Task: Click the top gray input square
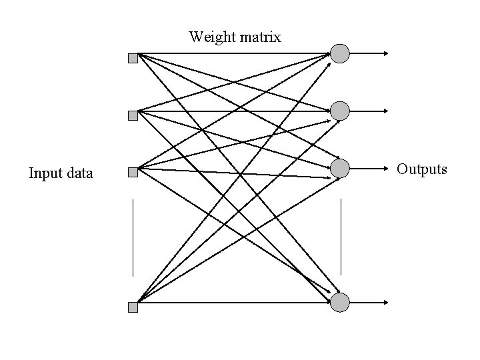133,58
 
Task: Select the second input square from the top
133,115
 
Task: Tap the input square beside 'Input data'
133,173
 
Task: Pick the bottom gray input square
133,307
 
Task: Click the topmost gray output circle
340,53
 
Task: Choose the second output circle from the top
340,111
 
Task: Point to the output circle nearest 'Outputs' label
340,169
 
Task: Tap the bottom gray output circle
340,303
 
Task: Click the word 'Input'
45,174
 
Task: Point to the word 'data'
79,174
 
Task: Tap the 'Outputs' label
422,169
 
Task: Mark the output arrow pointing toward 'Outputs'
371,169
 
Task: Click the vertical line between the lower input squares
133,237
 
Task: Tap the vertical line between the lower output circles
341,236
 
